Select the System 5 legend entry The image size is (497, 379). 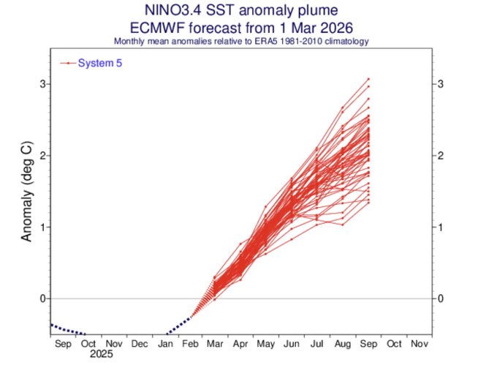click(99, 64)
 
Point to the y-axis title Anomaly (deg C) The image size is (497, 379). click(27, 193)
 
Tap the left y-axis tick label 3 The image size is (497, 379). click(42, 84)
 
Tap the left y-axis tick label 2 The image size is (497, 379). click(42, 156)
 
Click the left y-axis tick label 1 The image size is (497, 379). click(42, 227)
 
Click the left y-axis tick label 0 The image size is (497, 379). click(42, 299)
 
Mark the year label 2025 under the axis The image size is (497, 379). click(101, 355)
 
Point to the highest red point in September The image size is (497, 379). click(368, 78)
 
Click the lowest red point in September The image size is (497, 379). click(368, 203)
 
